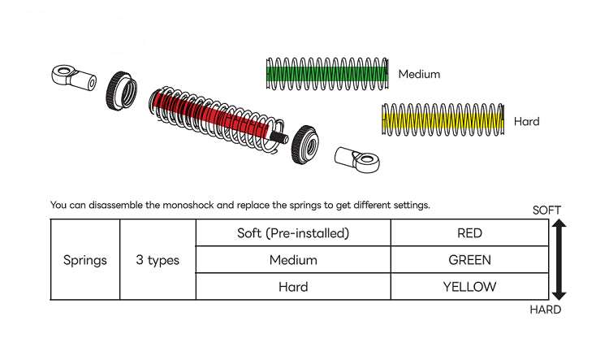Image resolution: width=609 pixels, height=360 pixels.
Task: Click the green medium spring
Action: pos(328,74)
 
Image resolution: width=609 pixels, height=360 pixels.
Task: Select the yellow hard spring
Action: pos(443,120)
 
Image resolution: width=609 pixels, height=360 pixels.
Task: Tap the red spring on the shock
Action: pos(211,116)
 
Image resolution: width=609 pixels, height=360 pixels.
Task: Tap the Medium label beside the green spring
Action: pos(419,74)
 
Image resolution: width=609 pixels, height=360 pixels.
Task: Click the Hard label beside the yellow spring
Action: pos(526,122)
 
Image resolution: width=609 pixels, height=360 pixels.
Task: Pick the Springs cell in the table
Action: pos(85,261)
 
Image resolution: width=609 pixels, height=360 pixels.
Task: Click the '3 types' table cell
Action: pos(158,261)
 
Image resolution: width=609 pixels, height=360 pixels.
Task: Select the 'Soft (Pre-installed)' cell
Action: pos(293,233)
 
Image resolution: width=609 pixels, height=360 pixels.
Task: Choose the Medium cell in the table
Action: pos(293,261)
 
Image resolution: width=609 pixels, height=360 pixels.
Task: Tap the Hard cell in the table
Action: pos(293,287)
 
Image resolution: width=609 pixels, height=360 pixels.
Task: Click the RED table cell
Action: pos(469,233)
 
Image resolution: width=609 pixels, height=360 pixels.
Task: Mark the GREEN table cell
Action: pos(469,261)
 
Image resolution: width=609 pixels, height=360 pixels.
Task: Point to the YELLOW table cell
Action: pos(469,287)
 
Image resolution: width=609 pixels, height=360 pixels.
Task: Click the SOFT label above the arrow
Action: pos(546,210)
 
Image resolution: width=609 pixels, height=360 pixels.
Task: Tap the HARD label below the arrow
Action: pos(546,310)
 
